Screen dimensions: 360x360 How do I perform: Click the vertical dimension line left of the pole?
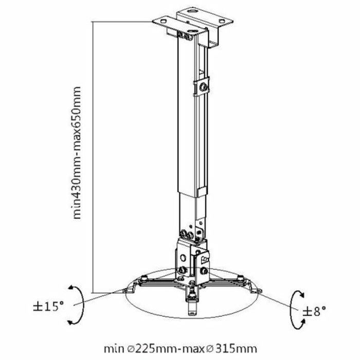coord(93,154)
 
